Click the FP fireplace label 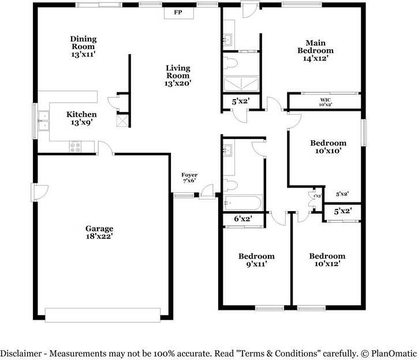pos(178,12)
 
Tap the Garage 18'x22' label pos(99,232)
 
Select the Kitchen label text pos(81,114)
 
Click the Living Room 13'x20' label pos(178,76)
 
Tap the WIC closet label pos(326,100)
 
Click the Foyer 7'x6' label pos(189,178)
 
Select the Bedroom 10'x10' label pos(328,147)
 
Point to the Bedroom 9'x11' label pos(256,260)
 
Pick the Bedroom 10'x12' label pos(327,260)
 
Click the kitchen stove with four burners pos(75,147)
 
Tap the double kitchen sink pos(43,121)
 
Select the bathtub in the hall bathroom pos(242,203)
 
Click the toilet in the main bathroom pos(230,63)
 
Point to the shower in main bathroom pos(241,84)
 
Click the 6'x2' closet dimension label pos(243,219)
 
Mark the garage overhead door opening pos(103,315)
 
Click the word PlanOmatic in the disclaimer pos(394,354)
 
